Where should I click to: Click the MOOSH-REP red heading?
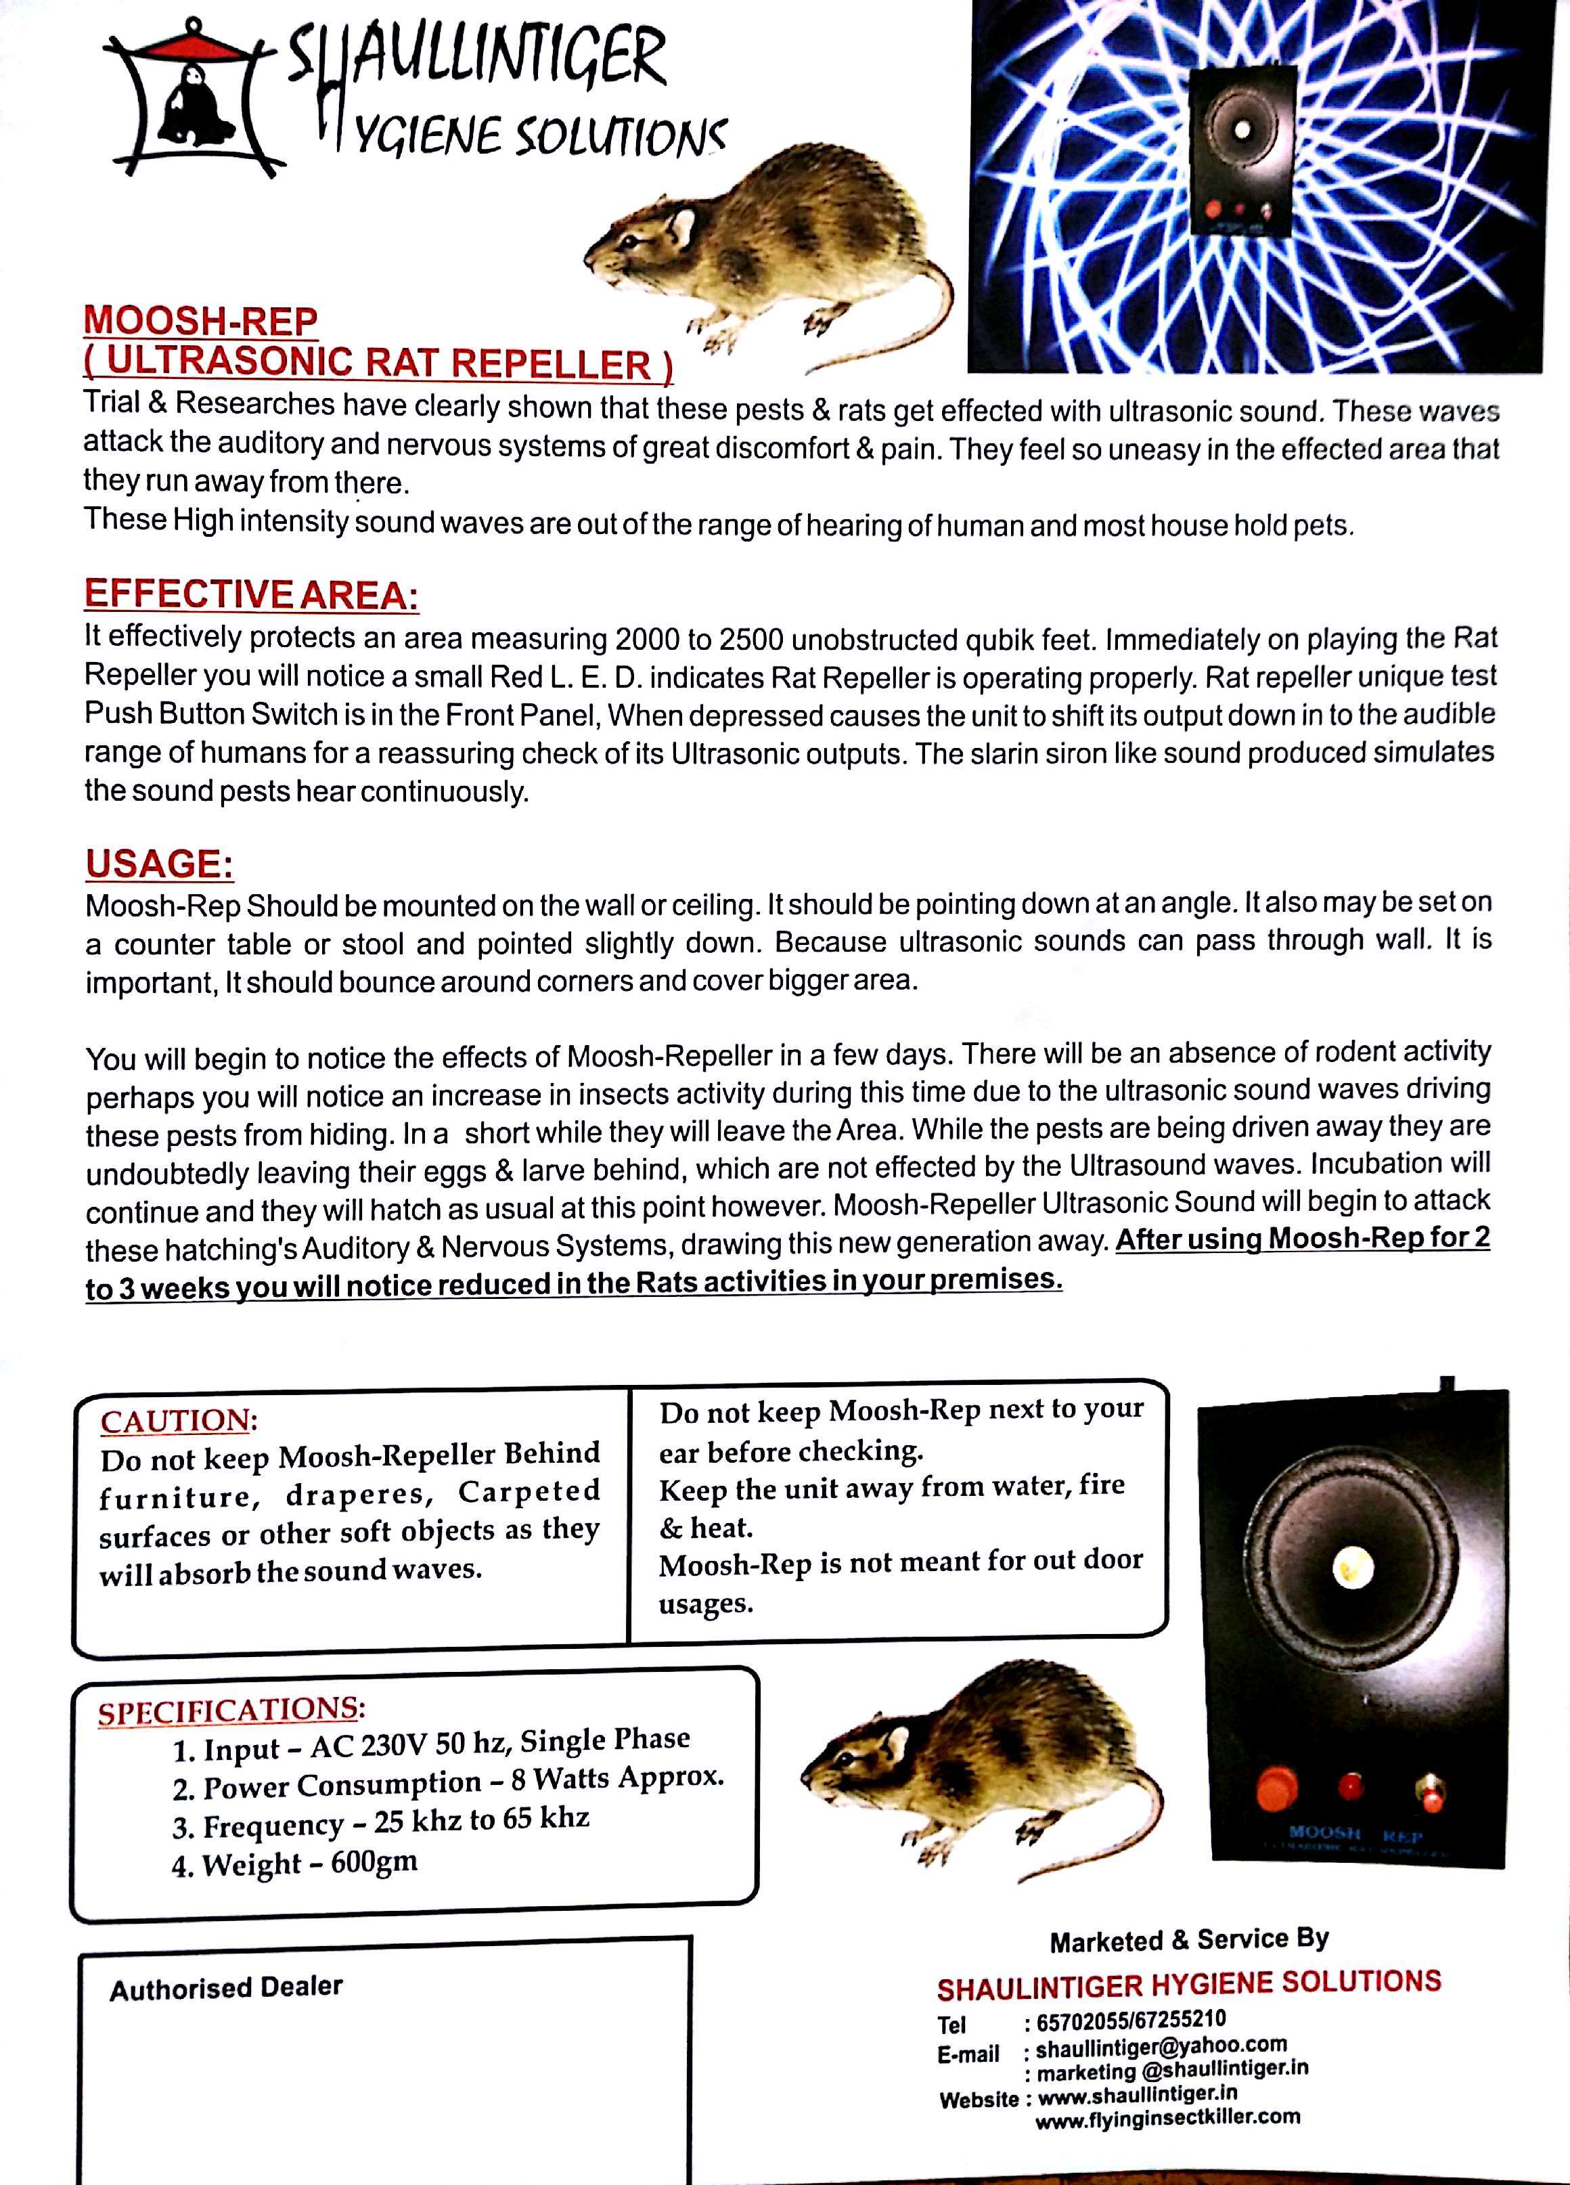click(x=200, y=321)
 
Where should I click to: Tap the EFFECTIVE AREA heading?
click(x=251, y=594)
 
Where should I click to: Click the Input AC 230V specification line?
click(x=430, y=1742)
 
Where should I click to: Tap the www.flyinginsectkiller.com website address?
click(x=1167, y=2117)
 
